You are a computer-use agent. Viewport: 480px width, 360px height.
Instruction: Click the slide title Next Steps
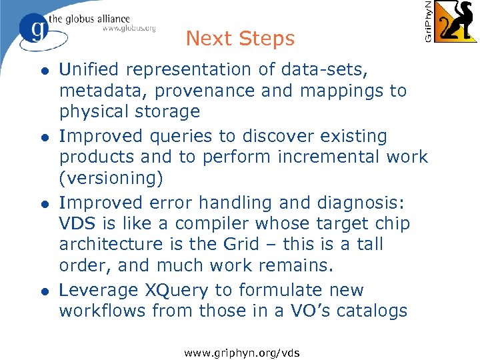tap(240, 39)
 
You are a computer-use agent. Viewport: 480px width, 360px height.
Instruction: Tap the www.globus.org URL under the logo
tap(129, 28)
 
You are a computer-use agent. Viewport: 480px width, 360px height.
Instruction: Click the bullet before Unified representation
tap(44, 71)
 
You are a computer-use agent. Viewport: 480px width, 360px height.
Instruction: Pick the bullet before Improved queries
tap(44, 137)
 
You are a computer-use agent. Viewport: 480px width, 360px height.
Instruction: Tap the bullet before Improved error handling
tap(44, 204)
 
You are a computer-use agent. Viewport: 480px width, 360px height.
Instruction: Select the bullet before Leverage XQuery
tap(44, 292)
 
